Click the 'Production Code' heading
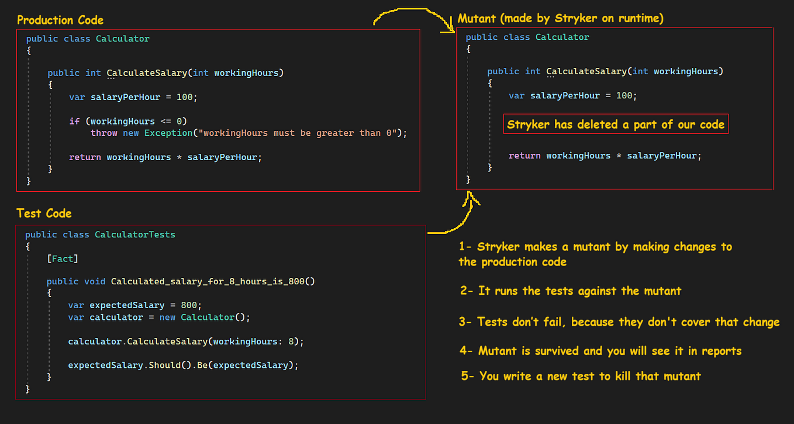[x=60, y=20]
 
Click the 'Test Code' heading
[x=44, y=213]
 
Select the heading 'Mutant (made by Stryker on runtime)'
[x=560, y=19]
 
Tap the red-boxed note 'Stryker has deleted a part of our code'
[x=616, y=124]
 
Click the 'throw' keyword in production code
[x=103, y=133]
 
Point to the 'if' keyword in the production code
[x=74, y=121]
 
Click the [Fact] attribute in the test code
[x=63, y=258]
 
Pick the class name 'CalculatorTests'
[x=135, y=235]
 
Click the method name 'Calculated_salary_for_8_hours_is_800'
[x=213, y=281]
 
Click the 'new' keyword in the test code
[x=167, y=318]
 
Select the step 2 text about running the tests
[x=571, y=291]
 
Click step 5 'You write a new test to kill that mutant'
[x=581, y=376]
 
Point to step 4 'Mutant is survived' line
[x=600, y=351]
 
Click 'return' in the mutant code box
[x=524, y=156]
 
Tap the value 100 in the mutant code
[x=624, y=95]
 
